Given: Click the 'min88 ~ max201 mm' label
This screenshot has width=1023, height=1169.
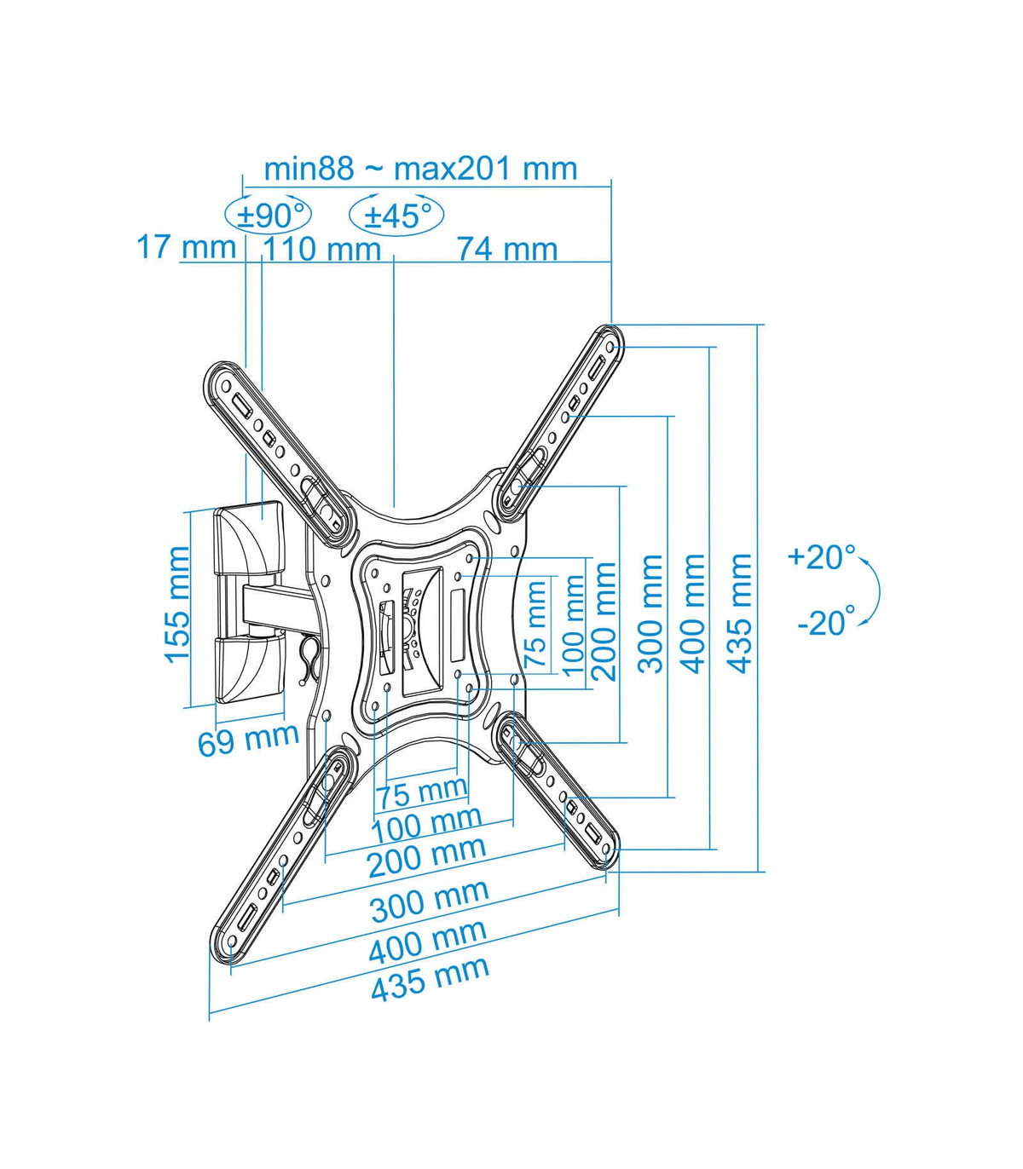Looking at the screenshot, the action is click(x=420, y=169).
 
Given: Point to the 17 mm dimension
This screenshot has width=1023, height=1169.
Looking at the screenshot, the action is click(x=186, y=247).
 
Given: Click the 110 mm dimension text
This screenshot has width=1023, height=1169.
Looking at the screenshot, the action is click(x=321, y=249).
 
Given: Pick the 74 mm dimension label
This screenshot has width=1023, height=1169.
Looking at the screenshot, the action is click(x=507, y=249).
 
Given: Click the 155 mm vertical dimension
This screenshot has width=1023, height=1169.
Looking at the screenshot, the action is click(x=177, y=605).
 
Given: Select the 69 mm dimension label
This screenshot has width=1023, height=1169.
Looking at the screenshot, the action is click(x=249, y=739).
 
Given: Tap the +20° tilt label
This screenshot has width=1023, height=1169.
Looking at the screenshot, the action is click(x=821, y=556).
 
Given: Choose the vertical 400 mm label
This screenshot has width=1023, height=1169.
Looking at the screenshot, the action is click(x=693, y=613).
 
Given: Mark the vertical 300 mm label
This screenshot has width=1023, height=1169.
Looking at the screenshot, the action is click(x=650, y=613).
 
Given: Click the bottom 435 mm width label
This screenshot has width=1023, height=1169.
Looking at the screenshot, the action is click(x=430, y=979).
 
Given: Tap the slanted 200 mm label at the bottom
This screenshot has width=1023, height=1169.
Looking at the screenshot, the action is click(x=427, y=857).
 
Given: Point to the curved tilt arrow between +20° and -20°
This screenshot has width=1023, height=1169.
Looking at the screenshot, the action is click(x=878, y=592).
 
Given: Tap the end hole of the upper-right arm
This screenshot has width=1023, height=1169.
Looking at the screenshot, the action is click(x=610, y=347).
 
